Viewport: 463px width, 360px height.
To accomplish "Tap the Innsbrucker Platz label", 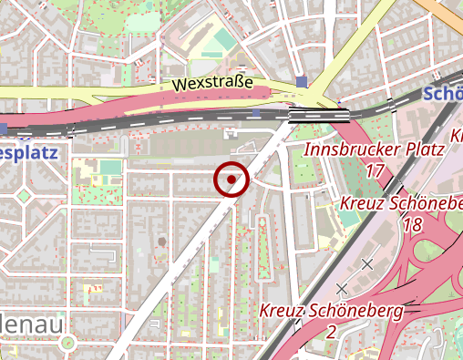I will pyautogui.click(x=374, y=149).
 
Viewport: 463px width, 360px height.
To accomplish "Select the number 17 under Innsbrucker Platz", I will pyautogui.click(x=375, y=170).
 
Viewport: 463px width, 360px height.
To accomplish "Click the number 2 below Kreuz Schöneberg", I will pyautogui.click(x=331, y=332).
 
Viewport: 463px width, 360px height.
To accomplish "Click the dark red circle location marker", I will pyautogui.click(x=231, y=180).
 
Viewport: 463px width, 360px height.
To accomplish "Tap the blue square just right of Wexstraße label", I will pyautogui.click(x=302, y=84).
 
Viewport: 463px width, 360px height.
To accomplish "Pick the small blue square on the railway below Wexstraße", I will pyautogui.click(x=256, y=113).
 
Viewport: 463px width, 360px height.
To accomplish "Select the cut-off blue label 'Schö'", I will pyautogui.click(x=445, y=95).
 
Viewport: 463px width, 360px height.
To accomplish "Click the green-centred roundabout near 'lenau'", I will pyautogui.click(x=67, y=344).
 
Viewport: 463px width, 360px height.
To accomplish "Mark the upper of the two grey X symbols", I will pyautogui.click(x=367, y=264).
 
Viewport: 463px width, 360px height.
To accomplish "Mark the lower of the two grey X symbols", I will pyautogui.click(x=342, y=288).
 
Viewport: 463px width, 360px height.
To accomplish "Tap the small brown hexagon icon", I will pyautogui.click(x=161, y=242).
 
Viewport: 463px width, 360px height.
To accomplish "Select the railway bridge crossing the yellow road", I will pyautogui.click(x=319, y=114).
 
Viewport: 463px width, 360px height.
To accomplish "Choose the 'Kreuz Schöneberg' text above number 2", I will pyautogui.click(x=331, y=312).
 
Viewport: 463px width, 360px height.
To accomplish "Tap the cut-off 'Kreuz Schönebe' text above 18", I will pyautogui.click(x=401, y=203).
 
